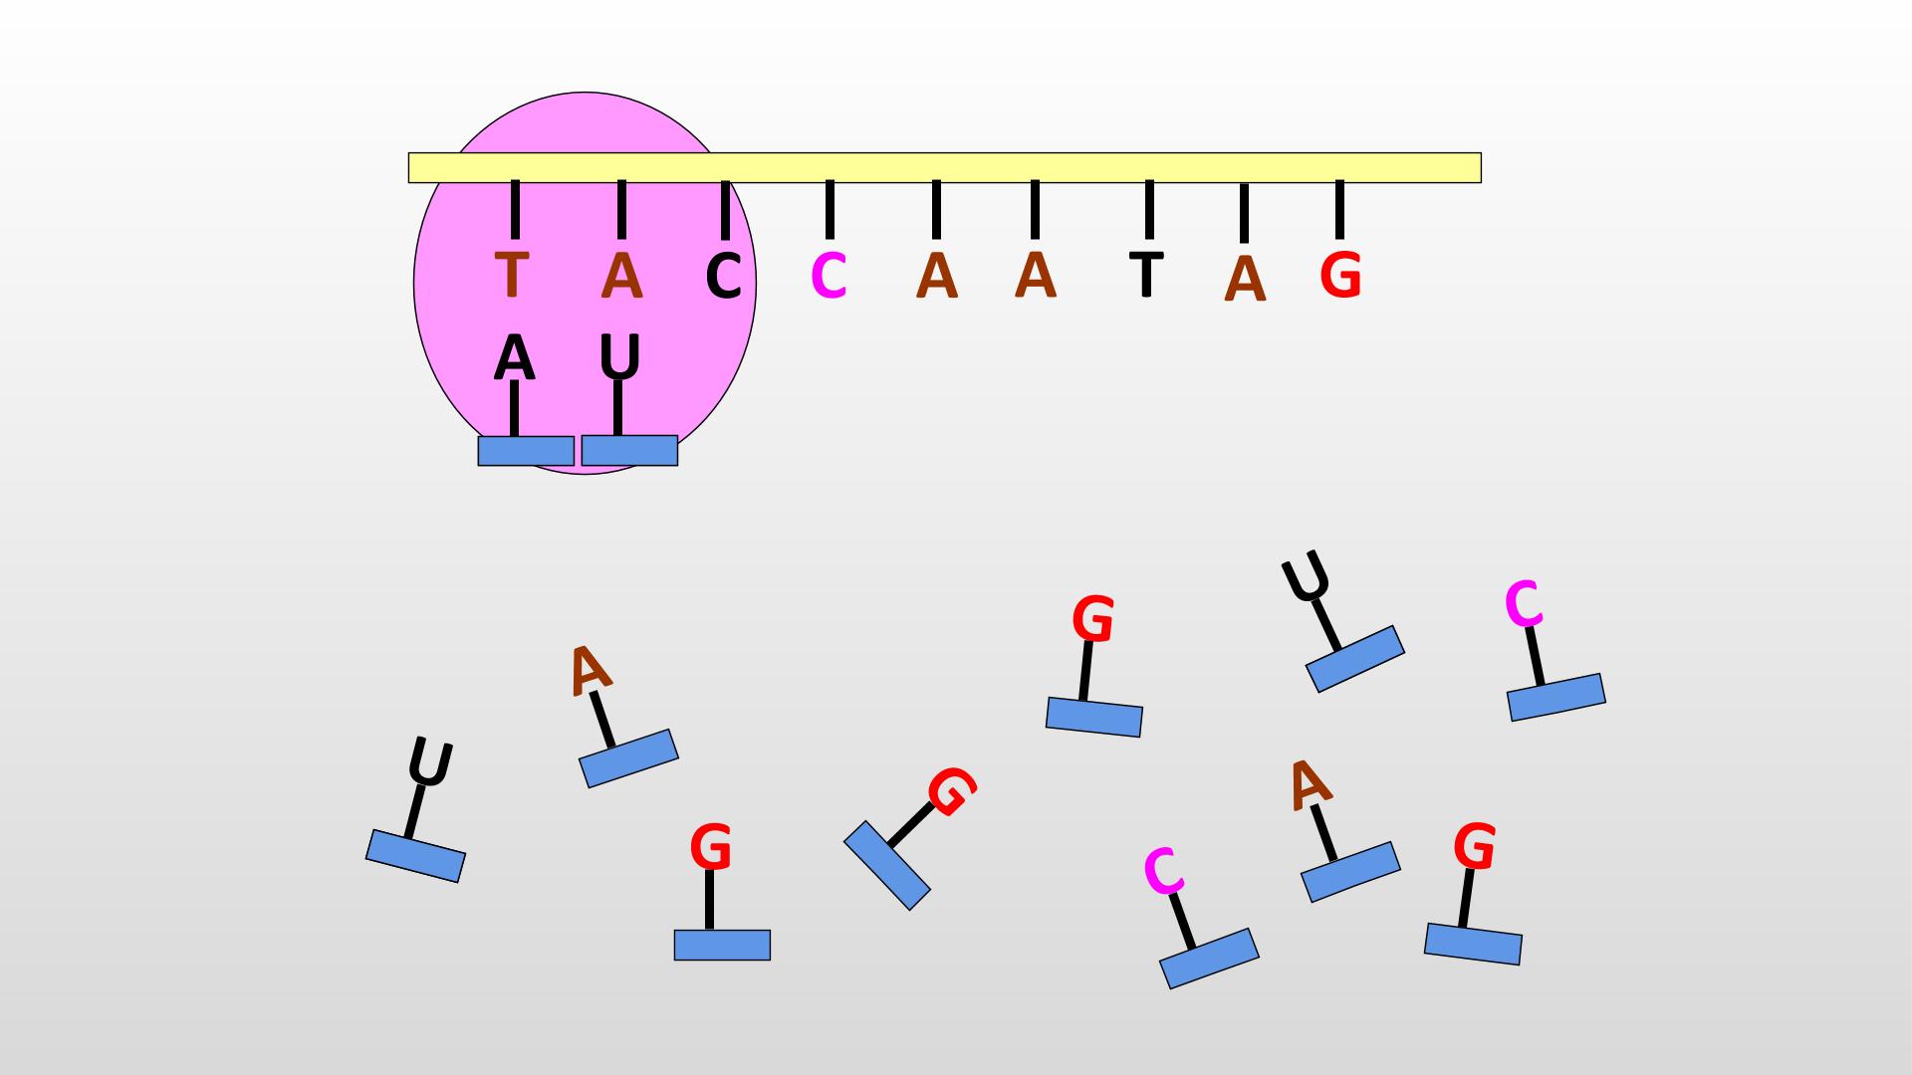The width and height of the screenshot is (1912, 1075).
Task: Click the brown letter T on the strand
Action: pos(511,276)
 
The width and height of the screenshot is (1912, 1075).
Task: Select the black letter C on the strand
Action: pos(724,276)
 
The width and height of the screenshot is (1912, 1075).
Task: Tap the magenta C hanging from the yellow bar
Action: pos(829,276)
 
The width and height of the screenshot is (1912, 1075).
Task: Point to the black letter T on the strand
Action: pos(1147,275)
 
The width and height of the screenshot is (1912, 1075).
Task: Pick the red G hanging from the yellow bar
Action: pos(1340,275)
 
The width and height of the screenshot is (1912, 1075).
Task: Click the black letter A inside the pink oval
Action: pos(514,358)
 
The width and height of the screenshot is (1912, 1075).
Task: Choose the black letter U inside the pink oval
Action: pos(619,357)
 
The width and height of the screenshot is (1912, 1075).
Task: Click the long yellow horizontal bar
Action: pos(944,167)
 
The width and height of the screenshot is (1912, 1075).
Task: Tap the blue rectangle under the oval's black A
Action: pos(526,451)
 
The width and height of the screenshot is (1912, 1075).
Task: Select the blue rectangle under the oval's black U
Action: pos(629,450)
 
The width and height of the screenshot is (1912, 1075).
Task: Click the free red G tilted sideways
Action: pos(951,791)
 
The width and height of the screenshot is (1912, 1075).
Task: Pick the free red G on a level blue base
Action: pos(711,848)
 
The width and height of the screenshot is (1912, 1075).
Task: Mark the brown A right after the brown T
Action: pos(621,276)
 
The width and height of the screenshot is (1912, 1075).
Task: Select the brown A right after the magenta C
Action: pos(936,276)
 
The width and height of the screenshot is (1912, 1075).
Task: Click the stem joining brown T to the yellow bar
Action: pos(515,209)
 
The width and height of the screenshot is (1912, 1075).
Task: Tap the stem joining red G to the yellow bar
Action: pos(1339,209)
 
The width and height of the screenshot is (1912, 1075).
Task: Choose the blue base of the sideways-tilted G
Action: pos(887,865)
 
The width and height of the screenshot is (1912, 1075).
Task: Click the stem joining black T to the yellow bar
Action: pos(1149,209)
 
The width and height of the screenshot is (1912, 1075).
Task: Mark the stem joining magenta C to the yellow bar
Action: pos(830,209)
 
